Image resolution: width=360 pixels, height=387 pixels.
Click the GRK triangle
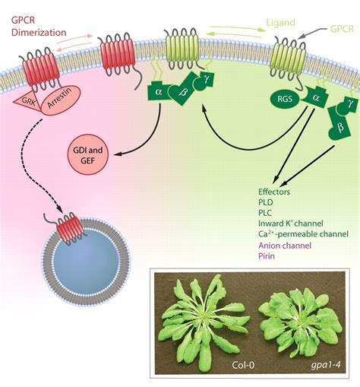[26, 101]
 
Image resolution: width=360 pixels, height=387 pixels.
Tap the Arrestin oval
[60, 100]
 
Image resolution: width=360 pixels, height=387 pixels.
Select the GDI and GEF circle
[88, 155]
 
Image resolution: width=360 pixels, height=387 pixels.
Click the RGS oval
[285, 98]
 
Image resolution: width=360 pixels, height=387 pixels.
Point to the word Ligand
[281, 23]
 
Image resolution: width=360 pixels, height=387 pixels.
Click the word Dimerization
[39, 33]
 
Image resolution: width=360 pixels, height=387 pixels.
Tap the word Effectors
[274, 192]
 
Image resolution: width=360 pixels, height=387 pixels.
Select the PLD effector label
[266, 202]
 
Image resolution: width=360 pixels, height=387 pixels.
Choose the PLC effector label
[265, 213]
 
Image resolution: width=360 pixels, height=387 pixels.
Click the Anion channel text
[285, 246]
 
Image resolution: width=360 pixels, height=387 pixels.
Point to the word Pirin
[267, 256]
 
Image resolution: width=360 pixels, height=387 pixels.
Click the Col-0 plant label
[243, 365]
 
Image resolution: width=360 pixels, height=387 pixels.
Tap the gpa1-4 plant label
[326, 365]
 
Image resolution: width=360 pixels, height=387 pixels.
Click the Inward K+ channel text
[291, 224]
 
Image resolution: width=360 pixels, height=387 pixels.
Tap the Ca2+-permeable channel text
[303, 233]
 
